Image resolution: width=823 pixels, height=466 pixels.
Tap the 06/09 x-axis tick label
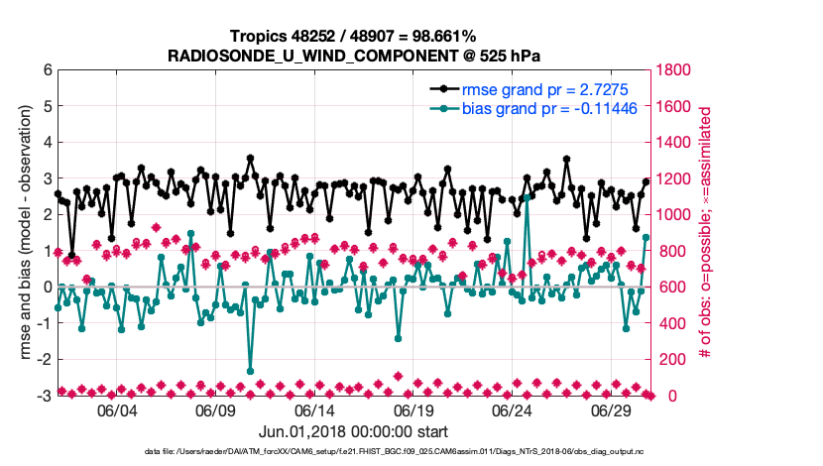[x=215, y=410]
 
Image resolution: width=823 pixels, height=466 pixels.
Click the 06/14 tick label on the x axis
[x=314, y=410]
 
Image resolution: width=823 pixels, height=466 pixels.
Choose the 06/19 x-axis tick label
[x=414, y=410]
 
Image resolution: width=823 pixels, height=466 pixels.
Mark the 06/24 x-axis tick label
[x=514, y=410]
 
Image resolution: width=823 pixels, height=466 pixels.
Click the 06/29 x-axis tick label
[x=613, y=410]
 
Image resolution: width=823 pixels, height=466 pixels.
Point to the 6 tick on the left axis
[x=47, y=70]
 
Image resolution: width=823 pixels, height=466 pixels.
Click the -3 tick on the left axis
[x=44, y=396]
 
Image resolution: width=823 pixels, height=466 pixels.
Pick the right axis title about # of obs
[x=706, y=233]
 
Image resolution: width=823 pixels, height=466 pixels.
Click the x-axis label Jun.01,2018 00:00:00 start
[x=353, y=431]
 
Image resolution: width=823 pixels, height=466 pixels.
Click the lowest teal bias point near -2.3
[x=250, y=371]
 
